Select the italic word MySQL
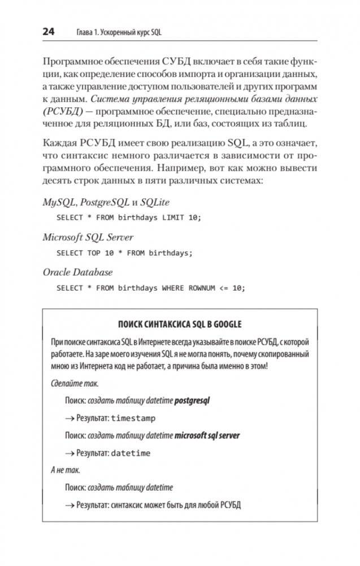pyautogui.click(x=59, y=202)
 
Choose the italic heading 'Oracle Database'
pyautogui.click(x=78, y=273)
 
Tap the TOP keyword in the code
pyautogui.click(x=94, y=253)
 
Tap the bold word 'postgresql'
pyautogui.click(x=196, y=401)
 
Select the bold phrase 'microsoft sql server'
pyautogui.click(x=207, y=435)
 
